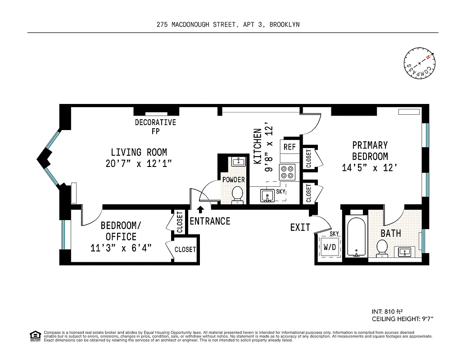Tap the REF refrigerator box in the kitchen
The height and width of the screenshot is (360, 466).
pos(289,147)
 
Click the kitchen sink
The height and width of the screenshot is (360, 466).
pos(268,196)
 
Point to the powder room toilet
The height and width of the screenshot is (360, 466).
pos(237,195)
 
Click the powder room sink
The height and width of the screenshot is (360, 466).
pos(238,162)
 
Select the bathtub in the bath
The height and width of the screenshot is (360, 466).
pos(356,237)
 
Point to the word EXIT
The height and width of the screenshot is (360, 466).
pos(300,228)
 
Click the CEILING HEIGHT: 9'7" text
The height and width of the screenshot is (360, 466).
pos(402,319)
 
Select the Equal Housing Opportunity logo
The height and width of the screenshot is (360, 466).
pos(34,335)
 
